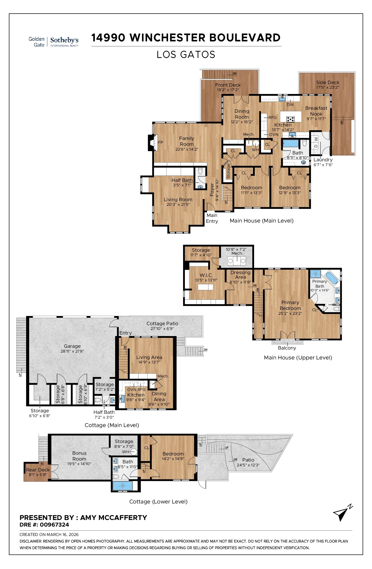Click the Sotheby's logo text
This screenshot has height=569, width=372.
tap(64, 40)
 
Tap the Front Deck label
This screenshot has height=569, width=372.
tap(228, 85)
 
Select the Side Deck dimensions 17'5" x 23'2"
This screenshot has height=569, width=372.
tap(327, 87)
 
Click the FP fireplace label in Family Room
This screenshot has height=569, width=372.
tap(161, 143)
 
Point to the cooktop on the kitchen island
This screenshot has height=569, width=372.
tap(290, 119)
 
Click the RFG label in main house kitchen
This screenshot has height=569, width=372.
tap(273, 118)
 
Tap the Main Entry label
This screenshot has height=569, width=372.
tap(212, 218)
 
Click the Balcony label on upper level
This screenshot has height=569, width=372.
tap(287, 348)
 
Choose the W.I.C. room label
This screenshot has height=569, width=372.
tap(206, 275)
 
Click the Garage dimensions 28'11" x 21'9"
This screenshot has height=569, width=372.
tap(72, 351)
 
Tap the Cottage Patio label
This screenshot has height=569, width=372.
tap(162, 324)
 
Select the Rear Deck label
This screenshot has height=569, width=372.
tap(38, 470)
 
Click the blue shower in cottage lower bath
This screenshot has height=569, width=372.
tap(122, 486)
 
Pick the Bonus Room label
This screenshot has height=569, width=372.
tap(79, 456)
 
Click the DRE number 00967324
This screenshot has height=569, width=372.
tap(54, 525)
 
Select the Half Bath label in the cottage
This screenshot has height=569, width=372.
tap(104, 412)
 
